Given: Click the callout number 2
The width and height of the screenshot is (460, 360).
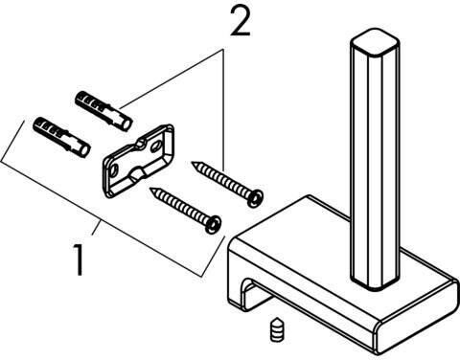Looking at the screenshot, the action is [241, 21].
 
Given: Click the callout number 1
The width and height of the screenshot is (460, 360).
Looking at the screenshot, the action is [79, 259].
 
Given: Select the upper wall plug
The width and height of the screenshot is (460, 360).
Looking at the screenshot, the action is [103, 110].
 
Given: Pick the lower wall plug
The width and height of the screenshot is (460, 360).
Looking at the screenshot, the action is [61, 137].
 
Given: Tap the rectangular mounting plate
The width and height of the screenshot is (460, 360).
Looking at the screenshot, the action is [138, 161].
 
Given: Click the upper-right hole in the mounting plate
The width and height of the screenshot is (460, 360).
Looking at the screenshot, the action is [156, 146].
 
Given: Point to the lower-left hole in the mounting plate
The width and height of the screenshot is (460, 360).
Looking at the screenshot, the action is [114, 170].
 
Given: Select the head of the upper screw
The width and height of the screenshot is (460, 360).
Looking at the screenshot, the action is [255, 197].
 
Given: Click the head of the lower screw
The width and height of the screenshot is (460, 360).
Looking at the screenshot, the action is [213, 224].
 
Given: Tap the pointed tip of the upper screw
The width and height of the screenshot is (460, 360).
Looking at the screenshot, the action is [192, 163].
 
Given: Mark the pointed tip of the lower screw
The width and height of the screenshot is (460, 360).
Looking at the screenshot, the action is [151, 189].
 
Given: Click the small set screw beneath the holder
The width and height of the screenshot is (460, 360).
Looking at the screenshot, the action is [277, 328].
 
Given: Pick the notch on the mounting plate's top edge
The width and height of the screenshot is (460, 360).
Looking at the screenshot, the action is [141, 144].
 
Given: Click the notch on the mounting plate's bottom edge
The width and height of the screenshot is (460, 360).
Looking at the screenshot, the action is [137, 174].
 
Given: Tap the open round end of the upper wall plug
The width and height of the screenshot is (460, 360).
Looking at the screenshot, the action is [127, 124].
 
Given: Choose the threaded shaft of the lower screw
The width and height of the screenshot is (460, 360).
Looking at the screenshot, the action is [179, 205].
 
